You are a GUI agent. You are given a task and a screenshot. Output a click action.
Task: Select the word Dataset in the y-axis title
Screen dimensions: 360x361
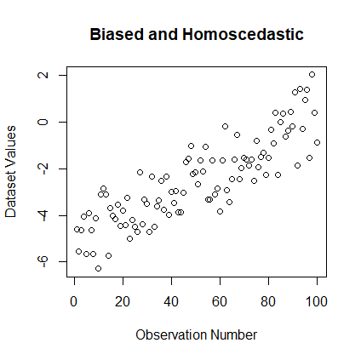[12, 195]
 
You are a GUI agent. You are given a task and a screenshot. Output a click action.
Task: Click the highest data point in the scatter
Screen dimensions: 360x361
[312, 75]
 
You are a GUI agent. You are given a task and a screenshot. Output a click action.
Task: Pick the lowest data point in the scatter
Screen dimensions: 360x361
[98, 268]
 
